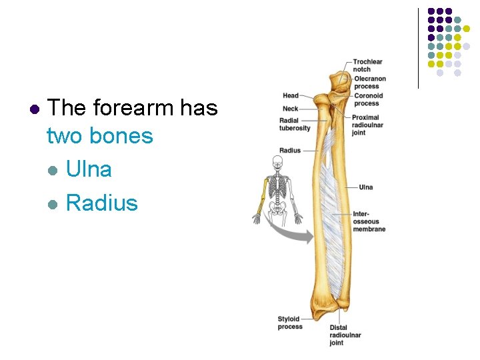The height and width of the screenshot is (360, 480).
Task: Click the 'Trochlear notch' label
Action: click(367, 65)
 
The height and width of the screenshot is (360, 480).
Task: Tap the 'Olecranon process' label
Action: click(370, 83)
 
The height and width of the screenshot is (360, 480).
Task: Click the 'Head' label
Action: click(290, 95)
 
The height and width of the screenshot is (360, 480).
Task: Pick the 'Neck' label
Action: click(290, 109)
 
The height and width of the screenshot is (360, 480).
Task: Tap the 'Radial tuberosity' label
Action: click(295, 124)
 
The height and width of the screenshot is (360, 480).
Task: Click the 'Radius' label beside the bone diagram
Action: click(290, 151)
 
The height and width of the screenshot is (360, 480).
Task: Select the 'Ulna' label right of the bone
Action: click(366, 187)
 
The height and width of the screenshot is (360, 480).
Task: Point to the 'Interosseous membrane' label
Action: click(369, 221)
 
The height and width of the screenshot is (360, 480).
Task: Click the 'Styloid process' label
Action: click(289, 323)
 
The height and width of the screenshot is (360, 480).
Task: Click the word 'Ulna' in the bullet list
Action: click(89, 169)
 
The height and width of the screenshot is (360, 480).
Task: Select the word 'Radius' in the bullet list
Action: click(101, 203)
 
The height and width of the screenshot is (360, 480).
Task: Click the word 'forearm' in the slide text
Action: click(140, 107)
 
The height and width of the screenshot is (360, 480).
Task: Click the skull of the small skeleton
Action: click(277, 161)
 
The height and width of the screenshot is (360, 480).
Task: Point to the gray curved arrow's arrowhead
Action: click(308, 235)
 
